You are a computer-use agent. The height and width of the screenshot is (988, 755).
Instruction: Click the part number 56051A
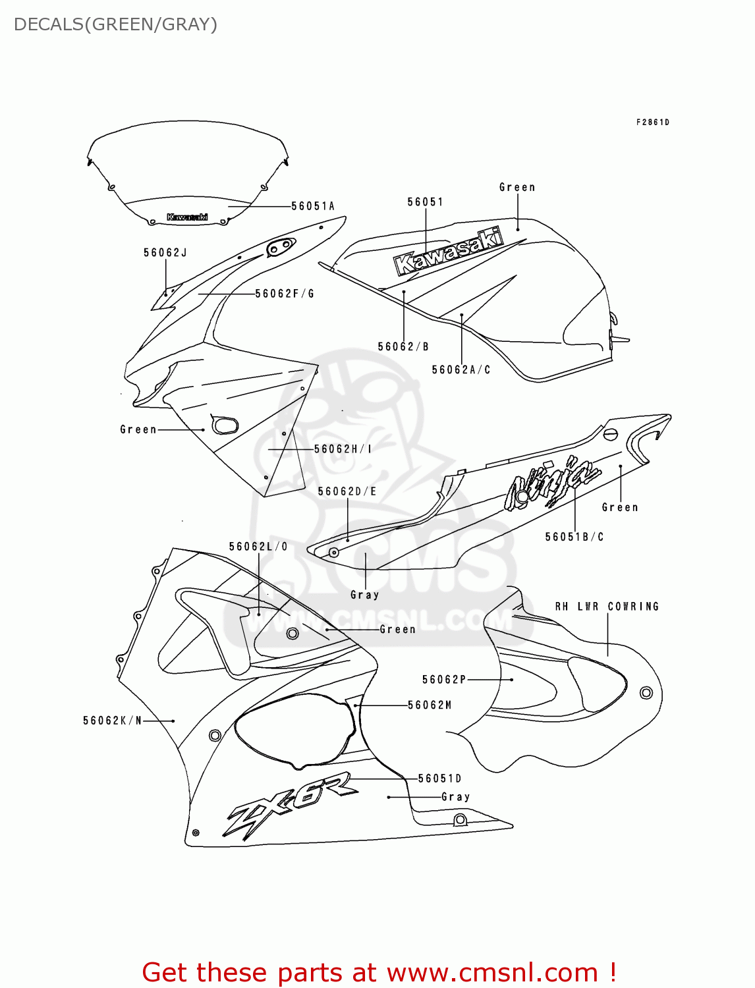pyautogui.click(x=313, y=206)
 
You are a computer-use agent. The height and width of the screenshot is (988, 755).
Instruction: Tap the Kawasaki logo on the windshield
pyautogui.click(x=187, y=217)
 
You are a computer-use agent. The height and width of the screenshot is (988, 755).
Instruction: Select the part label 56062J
pyautogui.click(x=165, y=252)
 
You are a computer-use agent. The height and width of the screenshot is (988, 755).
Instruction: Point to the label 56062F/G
pyautogui.click(x=285, y=294)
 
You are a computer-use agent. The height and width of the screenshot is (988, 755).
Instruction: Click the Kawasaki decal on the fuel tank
pyautogui.click(x=448, y=252)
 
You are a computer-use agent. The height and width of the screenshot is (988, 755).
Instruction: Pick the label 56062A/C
pyautogui.click(x=461, y=370)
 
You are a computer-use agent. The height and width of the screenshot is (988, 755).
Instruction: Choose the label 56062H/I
pyautogui.click(x=343, y=449)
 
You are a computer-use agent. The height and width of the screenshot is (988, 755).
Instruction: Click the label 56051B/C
pyautogui.click(x=574, y=537)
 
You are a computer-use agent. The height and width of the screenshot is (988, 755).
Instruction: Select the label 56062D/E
pyautogui.click(x=347, y=491)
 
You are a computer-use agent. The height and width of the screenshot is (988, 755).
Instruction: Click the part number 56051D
pyautogui.click(x=440, y=779)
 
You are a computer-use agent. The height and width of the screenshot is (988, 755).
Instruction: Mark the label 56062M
pyautogui.click(x=430, y=705)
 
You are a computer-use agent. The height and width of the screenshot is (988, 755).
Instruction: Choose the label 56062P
pyautogui.click(x=444, y=680)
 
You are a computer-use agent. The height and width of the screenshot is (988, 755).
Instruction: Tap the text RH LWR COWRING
pyautogui.click(x=607, y=607)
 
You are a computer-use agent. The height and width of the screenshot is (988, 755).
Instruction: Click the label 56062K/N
pyautogui.click(x=113, y=721)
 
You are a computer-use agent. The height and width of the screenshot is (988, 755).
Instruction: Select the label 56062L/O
pyautogui.click(x=258, y=547)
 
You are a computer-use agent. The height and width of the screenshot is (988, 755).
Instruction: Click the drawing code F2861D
pyautogui.click(x=652, y=123)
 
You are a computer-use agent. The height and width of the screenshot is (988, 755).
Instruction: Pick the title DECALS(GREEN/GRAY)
pyautogui.click(x=115, y=24)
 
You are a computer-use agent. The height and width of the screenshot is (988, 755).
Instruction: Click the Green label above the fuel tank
pyautogui.click(x=517, y=188)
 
